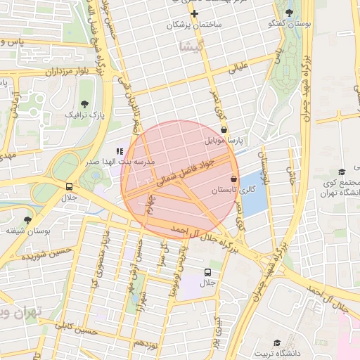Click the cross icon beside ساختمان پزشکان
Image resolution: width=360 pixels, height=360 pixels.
coord(195,13)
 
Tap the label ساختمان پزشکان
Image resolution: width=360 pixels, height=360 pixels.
coord(194,25)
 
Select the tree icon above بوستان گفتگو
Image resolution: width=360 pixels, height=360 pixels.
coord(290,13)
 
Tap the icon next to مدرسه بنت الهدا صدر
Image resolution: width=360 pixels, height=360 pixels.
coord(119,150)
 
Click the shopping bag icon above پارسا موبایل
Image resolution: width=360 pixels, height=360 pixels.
coord(224,129)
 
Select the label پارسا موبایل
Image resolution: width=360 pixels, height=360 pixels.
coord(223,141)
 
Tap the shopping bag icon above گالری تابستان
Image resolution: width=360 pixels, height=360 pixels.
coord(233,179)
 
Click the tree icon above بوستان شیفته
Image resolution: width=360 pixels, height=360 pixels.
coord(28,220)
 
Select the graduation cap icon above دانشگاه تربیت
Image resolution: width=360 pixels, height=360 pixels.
coord(278,342)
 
